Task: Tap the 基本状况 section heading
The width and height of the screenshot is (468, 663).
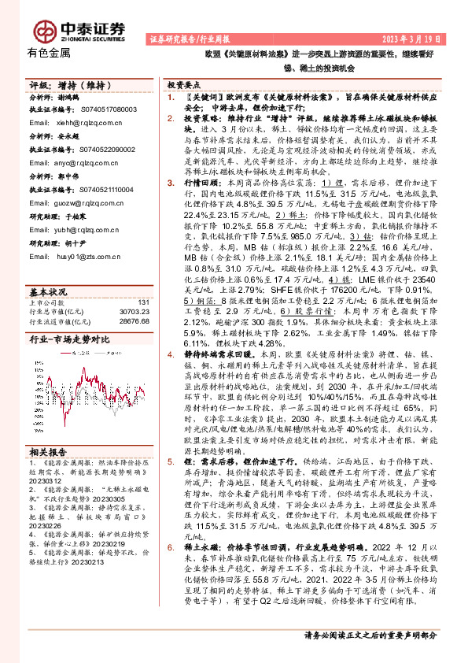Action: coord(49,290)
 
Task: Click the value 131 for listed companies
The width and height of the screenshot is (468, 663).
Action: coord(143,302)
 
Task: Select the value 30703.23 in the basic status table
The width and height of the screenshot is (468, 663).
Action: coord(134,312)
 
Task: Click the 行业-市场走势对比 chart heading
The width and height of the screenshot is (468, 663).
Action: coord(69,339)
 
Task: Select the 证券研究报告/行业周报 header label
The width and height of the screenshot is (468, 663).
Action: coord(186,39)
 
